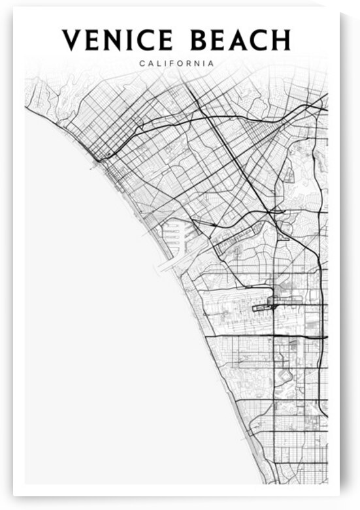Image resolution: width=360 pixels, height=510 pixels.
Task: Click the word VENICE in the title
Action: pos(118,40)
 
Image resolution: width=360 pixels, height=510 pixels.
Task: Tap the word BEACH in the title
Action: pos(241,40)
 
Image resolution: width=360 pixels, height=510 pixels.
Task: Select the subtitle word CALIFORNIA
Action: pos(176,63)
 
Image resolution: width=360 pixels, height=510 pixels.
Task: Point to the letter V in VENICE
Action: pos(71,40)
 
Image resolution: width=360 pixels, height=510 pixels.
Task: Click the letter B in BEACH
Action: pos(201,40)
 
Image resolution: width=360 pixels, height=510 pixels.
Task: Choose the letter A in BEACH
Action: pos(239,40)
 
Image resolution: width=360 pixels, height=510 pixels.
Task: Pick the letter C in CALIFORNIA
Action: pos(142,63)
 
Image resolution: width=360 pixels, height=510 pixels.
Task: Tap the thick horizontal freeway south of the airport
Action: pos(274,336)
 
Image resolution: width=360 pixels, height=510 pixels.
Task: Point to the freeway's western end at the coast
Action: pos(96,159)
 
